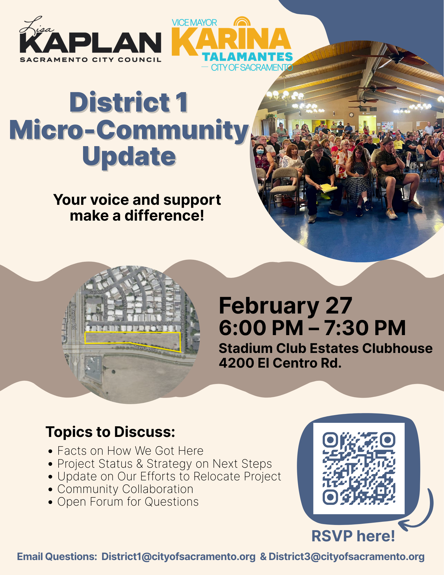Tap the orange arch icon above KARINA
(x=242, y=22)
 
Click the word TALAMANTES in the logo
(x=247, y=57)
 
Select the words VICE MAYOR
(x=194, y=23)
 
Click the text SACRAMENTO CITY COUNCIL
(x=91, y=60)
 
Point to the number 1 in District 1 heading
(x=182, y=102)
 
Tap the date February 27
(x=285, y=306)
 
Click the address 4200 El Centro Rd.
(x=280, y=363)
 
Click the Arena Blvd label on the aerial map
(x=145, y=349)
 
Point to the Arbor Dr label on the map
(x=164, y=323)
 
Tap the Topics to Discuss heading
(x=110, y=432)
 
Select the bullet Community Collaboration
(x=125, y=489)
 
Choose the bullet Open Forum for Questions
(x=128, y=502)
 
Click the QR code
(x=359, y=468)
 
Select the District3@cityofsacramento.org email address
(x=346, y=557)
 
